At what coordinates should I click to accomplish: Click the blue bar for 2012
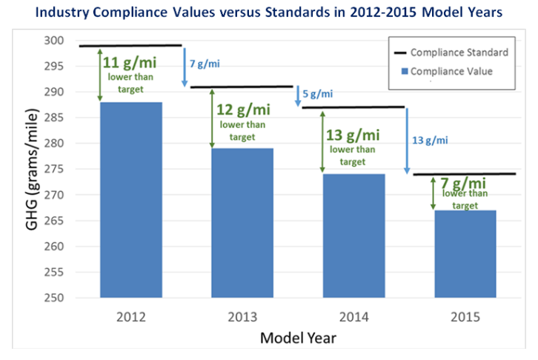(x=130, y=200)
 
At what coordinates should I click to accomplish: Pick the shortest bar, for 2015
(x=465, y=253)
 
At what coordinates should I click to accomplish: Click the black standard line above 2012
(x=130, y=46)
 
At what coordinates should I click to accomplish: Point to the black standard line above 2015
(x=465, y=174)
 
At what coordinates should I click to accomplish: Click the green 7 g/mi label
(x=465, y=183)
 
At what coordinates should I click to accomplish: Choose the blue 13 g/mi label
(x=430, y=140)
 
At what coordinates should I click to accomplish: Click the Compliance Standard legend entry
(x=459, y=53)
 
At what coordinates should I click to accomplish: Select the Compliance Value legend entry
(x=451, y=71)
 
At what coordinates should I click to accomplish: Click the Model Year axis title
(x=297, y=339)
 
